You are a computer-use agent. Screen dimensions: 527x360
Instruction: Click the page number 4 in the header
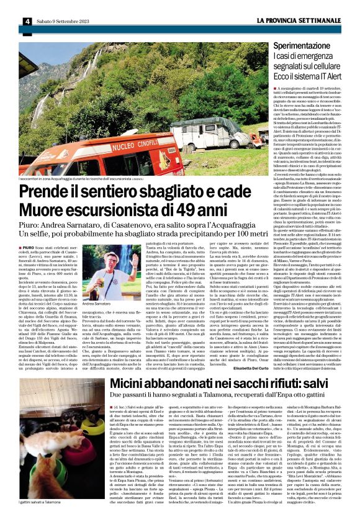click(28, 21)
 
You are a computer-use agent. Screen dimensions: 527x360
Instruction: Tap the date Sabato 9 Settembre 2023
click(63, 21)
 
